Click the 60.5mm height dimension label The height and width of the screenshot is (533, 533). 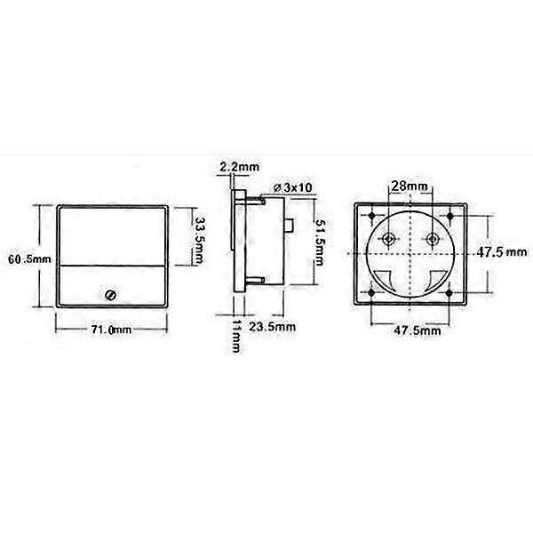[x=29, y=259]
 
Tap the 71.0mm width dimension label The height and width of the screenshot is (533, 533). [x=111, y=330]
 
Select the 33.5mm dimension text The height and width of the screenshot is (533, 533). [x=197, y=241]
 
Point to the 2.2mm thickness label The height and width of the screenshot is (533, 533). [x=239, y=167]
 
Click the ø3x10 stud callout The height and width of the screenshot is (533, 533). [x=292, y=187]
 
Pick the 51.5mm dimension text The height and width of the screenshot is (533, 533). [x=320, y=242]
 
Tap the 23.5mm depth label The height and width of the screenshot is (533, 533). [x=273, y=327]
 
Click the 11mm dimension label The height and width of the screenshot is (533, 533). [x=236, y=336]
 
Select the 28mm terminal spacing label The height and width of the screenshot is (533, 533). [x=410, y=187]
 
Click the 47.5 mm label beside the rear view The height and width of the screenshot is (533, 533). [x=502, y=252]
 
